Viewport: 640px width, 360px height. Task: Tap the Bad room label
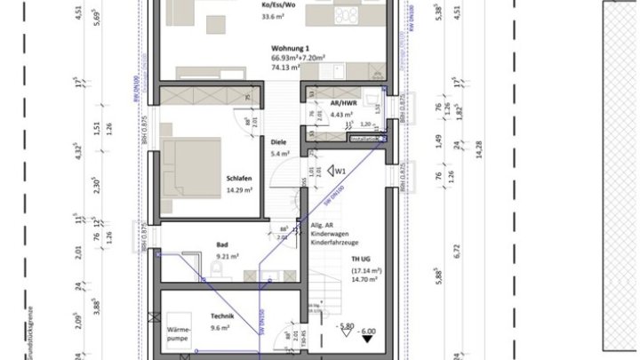(223, 244)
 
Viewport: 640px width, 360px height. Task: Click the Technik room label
(221, 316)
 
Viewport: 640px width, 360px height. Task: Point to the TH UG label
(359, 259)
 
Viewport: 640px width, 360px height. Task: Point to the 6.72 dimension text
(458, 251)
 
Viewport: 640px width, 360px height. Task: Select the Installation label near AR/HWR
(364, 139)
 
